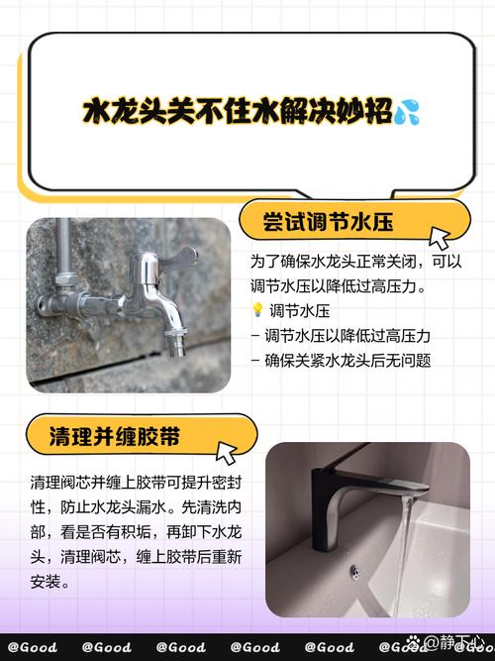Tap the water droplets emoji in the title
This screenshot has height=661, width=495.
click(x=405, y=111)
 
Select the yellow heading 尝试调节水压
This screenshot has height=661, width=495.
click(x=329, y=223)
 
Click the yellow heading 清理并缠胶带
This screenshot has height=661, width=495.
click(x=121, y=435)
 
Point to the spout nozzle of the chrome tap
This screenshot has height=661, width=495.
click(x=177, y=345)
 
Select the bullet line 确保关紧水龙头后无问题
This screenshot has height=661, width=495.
click(x=346, y=361)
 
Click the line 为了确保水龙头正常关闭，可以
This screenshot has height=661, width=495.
click(x=354, y=264)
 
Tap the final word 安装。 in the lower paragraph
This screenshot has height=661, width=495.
click(x=50, y=583)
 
